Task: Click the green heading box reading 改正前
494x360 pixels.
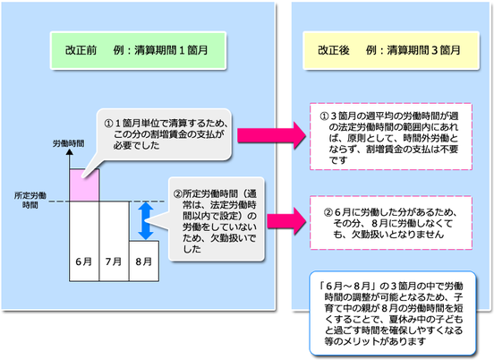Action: tap(138, 50)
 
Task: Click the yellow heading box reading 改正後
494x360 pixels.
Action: tap(391, 50)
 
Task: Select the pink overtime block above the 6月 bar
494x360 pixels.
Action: tap(84, 185)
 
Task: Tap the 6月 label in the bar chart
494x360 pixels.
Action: tap(84, 261)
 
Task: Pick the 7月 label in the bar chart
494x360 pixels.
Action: tap(114, 261)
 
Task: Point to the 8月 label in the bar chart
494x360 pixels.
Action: tap(144, 261)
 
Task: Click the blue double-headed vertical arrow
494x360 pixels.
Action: tap(146, 220)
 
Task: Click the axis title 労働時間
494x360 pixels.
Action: tap(68, 144)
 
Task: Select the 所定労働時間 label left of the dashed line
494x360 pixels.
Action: tap(30, 201)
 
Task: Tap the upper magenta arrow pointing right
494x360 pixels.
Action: tap(271, 135)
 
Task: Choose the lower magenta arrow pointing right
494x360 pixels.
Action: tap(286, 221)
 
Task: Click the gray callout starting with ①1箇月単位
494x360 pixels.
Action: tap(164, 135)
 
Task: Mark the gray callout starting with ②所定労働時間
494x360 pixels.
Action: tap(217, 219)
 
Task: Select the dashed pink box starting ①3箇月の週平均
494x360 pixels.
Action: tap(391, 136)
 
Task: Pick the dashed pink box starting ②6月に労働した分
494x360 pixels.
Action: tap(391, 223)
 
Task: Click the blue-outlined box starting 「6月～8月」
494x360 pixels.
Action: tap(393, 313)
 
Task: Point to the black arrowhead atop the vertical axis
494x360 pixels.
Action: tap(70, 152)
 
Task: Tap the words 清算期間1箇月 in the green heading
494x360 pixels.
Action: tap(171, 50)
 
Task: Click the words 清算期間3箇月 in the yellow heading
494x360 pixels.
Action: tap(423, 50)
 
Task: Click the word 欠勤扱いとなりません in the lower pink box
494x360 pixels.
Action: tap(397, 235)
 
